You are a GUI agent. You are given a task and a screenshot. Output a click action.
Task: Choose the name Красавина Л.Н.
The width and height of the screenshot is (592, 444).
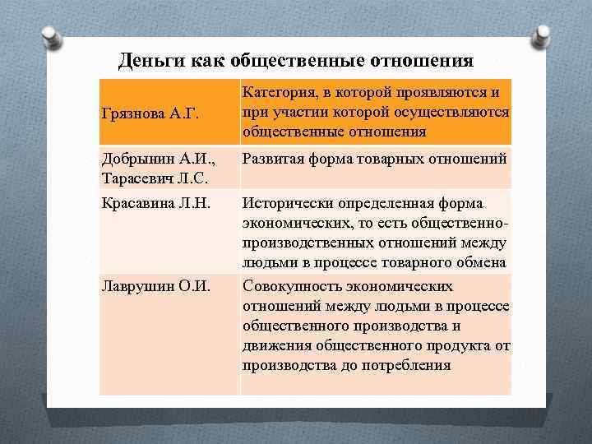155,203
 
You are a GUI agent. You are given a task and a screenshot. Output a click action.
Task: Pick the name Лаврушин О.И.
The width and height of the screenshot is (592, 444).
155,287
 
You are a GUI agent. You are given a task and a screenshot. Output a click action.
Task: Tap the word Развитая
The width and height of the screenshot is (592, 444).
276,159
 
